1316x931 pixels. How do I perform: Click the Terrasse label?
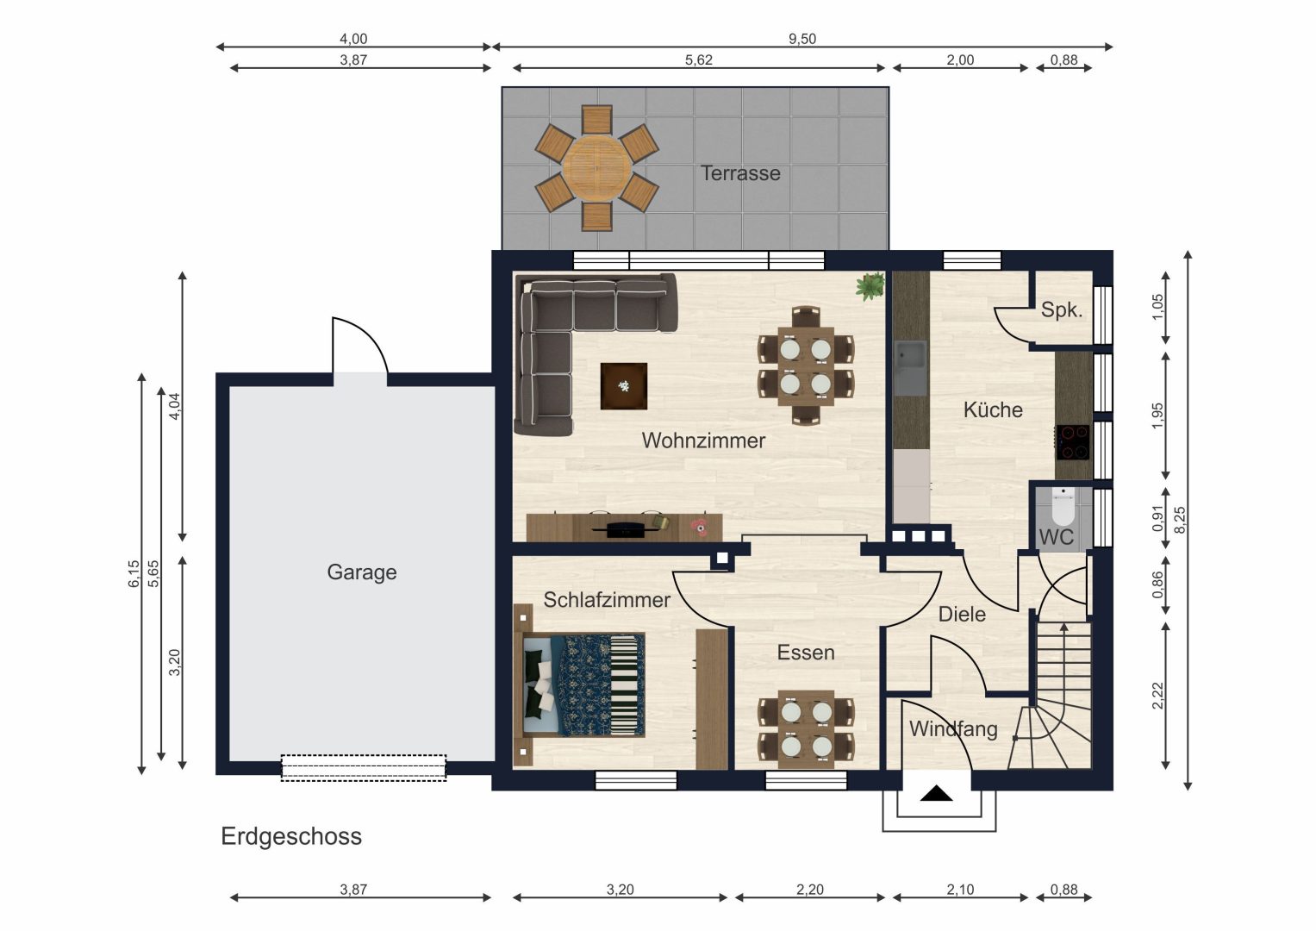(740, 173)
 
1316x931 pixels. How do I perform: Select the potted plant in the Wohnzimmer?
(870, 286)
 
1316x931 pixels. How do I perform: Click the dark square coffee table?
(624, 386)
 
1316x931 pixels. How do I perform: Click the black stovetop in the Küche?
(1073, 442)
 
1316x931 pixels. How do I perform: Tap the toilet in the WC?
(1063, 506)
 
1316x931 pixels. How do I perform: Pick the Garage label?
(362, 572)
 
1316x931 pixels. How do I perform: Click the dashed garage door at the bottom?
(363, 767)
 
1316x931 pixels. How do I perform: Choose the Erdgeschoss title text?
(291, 837)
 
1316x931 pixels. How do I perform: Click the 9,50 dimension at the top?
(802, 39)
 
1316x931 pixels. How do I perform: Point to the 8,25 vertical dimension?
(1179, 520)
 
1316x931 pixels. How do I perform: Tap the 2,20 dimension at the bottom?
(809, 890)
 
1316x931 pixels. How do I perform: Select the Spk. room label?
(1062, 309)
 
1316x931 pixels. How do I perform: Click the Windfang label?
(953, 729)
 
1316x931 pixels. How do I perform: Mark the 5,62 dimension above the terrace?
(699, 60)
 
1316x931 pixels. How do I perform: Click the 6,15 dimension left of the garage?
(134, 573)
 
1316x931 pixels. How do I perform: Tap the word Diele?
(962, 614)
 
